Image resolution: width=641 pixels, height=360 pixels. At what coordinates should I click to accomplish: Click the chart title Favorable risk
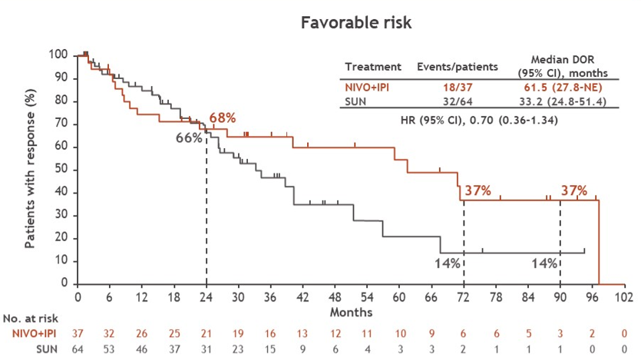pyautogui.click(x=356, y=22)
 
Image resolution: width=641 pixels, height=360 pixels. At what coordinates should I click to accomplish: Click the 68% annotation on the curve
pyautogui.click(x=223, y=118)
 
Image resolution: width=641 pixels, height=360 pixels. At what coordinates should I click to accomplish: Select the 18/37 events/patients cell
pyautogui.click(x=456, y=88)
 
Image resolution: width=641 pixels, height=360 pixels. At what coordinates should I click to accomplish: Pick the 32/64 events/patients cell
pyautogui.click(x=456, y=101)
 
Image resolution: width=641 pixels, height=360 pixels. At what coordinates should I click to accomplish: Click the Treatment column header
pyautogui.click(x=373, y=67)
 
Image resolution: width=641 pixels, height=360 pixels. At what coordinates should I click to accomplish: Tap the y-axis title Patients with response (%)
pyautogui.click(x=31, y=169)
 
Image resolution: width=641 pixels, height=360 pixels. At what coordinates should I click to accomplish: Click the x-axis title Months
pyautogui.click(x=352, y=312)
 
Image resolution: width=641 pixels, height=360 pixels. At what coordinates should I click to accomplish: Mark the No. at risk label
pyautogui.click(x=30, y=317)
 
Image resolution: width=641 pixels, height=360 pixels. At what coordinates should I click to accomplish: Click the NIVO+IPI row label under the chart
pyautogui.click(x=32, y=333)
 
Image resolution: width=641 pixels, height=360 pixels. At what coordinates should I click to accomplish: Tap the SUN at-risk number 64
pyautogui.click(x=78, y=348)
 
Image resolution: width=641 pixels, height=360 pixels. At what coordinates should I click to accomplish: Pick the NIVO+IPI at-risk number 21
pyautogui.click(x=207, y=333)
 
